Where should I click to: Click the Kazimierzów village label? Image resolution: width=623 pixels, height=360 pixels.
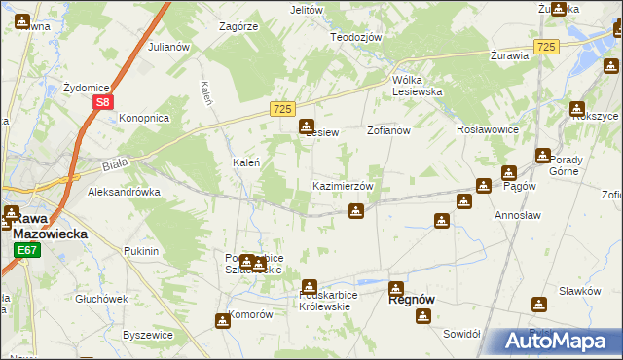tap(343, 186)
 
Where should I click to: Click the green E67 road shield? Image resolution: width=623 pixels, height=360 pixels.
tap(25, 251)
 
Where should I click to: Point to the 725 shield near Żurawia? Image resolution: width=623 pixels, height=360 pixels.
tap(546, 47)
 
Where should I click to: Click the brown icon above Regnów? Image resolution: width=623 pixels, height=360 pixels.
tap(396, 288)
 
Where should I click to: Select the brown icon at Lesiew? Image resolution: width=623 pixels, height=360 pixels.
tap(307, 126)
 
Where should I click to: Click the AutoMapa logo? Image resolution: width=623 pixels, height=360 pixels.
tap(556, 341)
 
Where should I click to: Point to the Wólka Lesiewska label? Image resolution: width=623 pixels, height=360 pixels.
tap(417, 85)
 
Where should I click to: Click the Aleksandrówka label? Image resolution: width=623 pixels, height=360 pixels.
tap(124, 192)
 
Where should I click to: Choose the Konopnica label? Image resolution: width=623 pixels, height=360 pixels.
tap(144, 118)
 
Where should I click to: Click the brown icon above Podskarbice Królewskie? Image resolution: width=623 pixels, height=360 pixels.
tap(310, 287)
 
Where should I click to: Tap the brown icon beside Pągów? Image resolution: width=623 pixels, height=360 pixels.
tap(483, 186)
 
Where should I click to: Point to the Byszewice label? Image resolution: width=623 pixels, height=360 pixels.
tap(148, 334)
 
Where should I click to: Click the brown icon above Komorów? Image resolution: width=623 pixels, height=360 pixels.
tap(222, 321)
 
